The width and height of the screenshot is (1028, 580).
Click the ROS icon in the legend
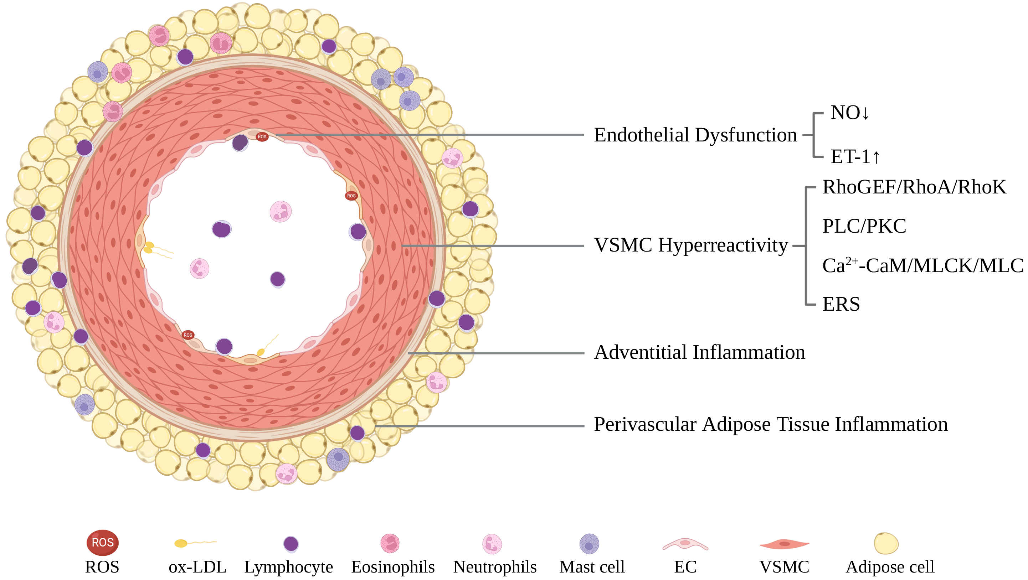tap(103, 543)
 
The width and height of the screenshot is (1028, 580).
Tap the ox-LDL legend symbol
tap(194, 543)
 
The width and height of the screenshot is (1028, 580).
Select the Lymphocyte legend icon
tap(291, 544)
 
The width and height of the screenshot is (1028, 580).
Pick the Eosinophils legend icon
tap(390, 543)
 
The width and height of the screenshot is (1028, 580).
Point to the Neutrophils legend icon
tap(492, 544)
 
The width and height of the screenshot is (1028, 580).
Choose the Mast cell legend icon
tap(589, 544)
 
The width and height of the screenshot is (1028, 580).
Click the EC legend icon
tap(685, 544)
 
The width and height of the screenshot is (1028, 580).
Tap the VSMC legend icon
tap(784, 544)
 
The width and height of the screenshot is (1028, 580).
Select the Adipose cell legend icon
tap(886, 543)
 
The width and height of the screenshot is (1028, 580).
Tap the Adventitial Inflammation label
tap(699, 352)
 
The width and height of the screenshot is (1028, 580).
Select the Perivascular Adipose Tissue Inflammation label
tap(770, 424)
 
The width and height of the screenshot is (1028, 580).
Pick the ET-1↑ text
tap(855, 157)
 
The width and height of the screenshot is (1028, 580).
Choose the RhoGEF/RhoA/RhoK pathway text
tap(914, 187)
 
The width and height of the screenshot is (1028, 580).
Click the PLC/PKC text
tap(864, 226)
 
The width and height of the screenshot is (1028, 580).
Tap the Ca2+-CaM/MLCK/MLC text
tap(922, 265)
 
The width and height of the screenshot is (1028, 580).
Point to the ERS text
tap(841, 304)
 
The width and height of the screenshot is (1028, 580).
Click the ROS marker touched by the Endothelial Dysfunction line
tap(262, 137)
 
